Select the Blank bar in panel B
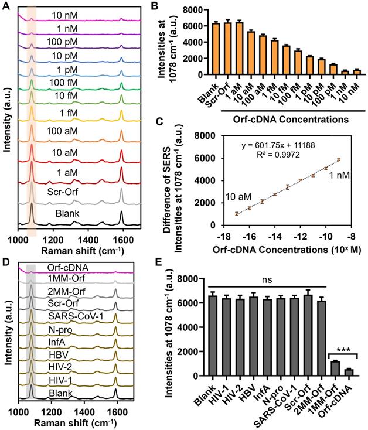tap(216, 49)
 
